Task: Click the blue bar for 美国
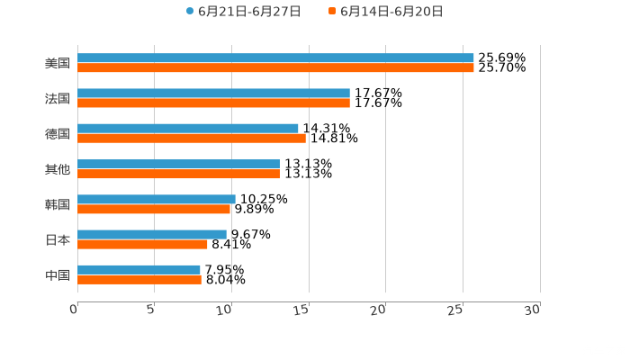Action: click(275, 58)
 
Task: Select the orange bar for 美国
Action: click(275, 68)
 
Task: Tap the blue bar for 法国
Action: click(213, 94)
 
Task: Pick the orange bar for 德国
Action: click(192, 139)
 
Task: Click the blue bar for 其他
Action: click(178, 164)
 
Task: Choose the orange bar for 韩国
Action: click(154, 209)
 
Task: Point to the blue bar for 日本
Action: click(152, 234)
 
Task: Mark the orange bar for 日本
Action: click(142, 244)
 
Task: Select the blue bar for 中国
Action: click(139, 269)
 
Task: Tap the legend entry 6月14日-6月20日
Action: click(391, 12)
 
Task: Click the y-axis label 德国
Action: click(58, 133)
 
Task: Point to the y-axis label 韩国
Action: click(58, 204)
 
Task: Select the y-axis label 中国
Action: click(58, 274)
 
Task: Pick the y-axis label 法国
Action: click(58, 98)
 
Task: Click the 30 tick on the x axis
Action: click(533, 309)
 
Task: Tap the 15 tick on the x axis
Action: click(302, 309)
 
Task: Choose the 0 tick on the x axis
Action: click(75, 309)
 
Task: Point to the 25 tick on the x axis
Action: click(456, 309)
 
